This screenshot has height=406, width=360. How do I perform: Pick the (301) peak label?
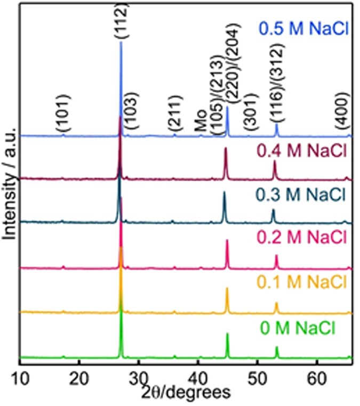pos(249,112)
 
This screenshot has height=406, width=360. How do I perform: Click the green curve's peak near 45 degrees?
pos(227,335)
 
